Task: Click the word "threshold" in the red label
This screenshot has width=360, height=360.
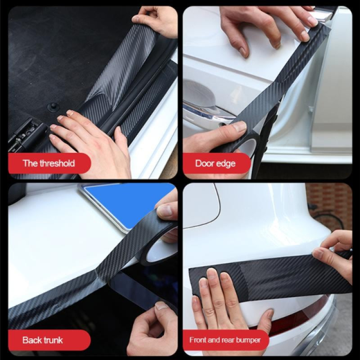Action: tap(57, 163)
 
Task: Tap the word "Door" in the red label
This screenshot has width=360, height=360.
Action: tap(205, 163)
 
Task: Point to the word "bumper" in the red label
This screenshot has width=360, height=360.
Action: tap(248, 340)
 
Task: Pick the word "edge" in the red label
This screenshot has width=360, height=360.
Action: tap(225, 163)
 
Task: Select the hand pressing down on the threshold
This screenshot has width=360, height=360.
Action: tap(90, 139)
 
